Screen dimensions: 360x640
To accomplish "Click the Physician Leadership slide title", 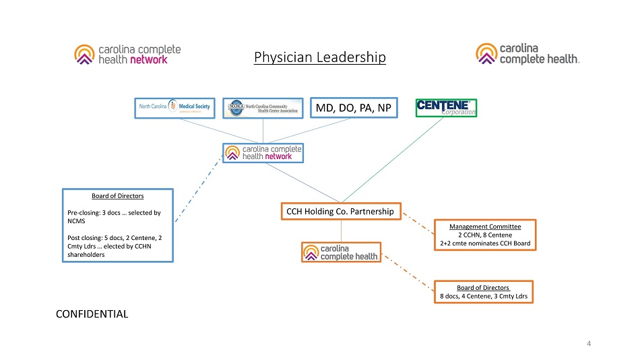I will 320,57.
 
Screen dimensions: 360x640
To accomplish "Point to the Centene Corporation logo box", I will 446,107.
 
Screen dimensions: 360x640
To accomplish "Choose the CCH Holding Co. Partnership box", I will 340,212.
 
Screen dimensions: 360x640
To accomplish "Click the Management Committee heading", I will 485,226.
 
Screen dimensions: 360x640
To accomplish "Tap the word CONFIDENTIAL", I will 92,313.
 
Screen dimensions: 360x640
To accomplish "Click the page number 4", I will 589,344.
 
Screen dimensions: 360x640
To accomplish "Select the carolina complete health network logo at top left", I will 127,54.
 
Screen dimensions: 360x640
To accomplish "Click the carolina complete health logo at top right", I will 528,54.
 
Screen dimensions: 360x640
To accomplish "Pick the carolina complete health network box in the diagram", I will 263,152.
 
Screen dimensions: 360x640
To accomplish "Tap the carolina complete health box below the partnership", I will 341,251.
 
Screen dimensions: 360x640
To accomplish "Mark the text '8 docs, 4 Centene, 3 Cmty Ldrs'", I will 484,296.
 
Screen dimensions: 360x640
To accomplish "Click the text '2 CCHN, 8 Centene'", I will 485,235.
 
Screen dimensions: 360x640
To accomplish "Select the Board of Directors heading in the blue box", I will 118,196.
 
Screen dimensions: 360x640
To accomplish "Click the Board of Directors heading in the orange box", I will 484,287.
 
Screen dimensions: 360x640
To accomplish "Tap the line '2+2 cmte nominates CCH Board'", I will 485,243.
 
